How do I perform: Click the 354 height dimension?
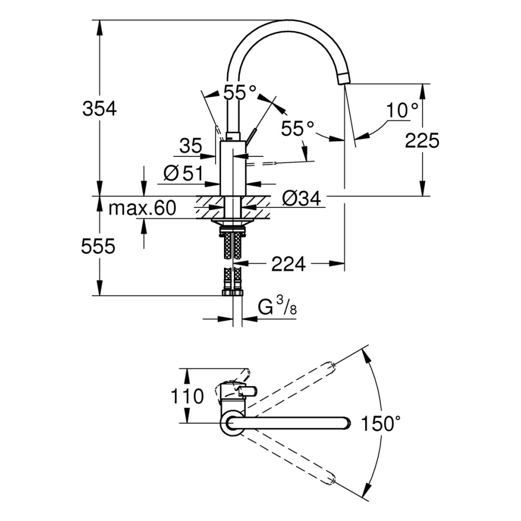(x=99, y=109)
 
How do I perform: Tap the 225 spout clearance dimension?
(x=422, y=140)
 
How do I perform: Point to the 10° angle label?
(x=402, y=110)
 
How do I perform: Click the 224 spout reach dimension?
(x=288, y=265)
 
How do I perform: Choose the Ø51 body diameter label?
(x=182, y=173)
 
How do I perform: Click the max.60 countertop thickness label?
(x=142, y=209)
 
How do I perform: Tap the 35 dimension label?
(x=191, y=146)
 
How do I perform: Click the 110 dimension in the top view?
(x=188, y=396)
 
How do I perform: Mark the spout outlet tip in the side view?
(x=344, y=79)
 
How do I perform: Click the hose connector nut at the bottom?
(x=232, y=292)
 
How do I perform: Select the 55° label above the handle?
(x=240, y=93)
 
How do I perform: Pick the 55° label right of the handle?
(x=297, y=128)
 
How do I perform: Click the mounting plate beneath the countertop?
(x=232, y=222)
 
